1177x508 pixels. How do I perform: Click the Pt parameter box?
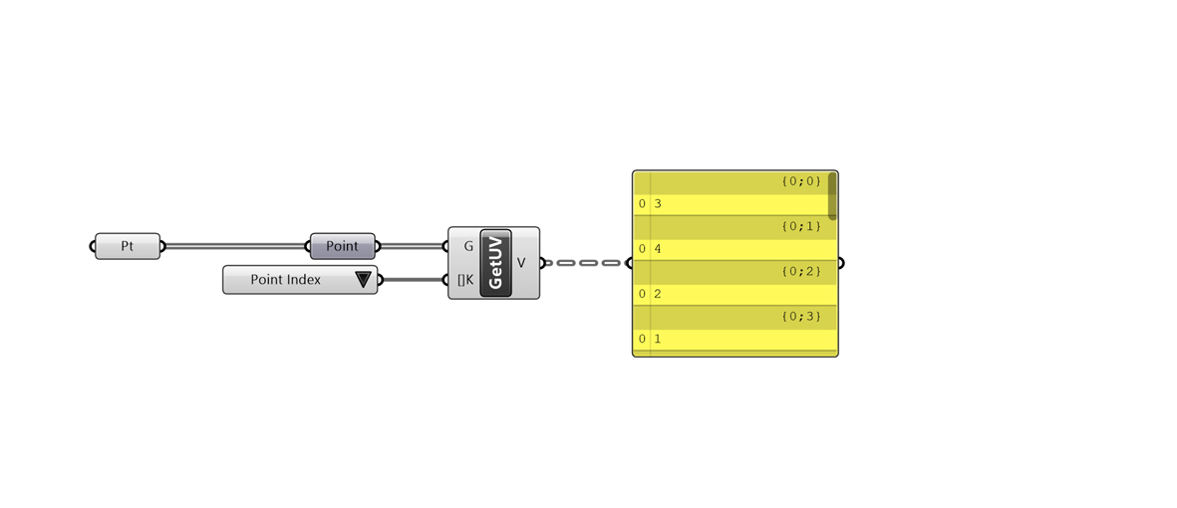pos(128,246)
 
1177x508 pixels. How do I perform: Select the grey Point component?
pos(342,246)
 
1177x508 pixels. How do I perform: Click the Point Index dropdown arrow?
pos(364,280)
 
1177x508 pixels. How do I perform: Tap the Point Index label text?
pos(285,280)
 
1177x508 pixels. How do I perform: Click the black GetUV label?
pos(495,263)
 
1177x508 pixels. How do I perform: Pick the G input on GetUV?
pos(468,245)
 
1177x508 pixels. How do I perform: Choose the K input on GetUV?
pos(465,280)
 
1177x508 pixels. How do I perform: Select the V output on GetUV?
pos(521,263)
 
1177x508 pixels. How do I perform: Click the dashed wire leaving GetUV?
pos(586,263)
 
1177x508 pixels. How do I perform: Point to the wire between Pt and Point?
pos(236,246)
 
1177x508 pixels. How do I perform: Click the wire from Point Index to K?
pos(413,280)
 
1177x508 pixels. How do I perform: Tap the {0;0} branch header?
pos(801,181)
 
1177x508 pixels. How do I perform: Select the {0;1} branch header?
pos(801,226)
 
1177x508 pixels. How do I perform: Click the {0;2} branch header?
pos(801,271)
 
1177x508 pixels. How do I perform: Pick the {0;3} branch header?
pos(801,317)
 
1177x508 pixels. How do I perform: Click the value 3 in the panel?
pos(658,204)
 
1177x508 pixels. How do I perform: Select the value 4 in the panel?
pos(658,249)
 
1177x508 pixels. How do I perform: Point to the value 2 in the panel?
pos(658,294)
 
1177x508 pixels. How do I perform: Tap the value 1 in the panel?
pos(658,340)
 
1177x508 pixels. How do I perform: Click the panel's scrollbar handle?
pos(832,196)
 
